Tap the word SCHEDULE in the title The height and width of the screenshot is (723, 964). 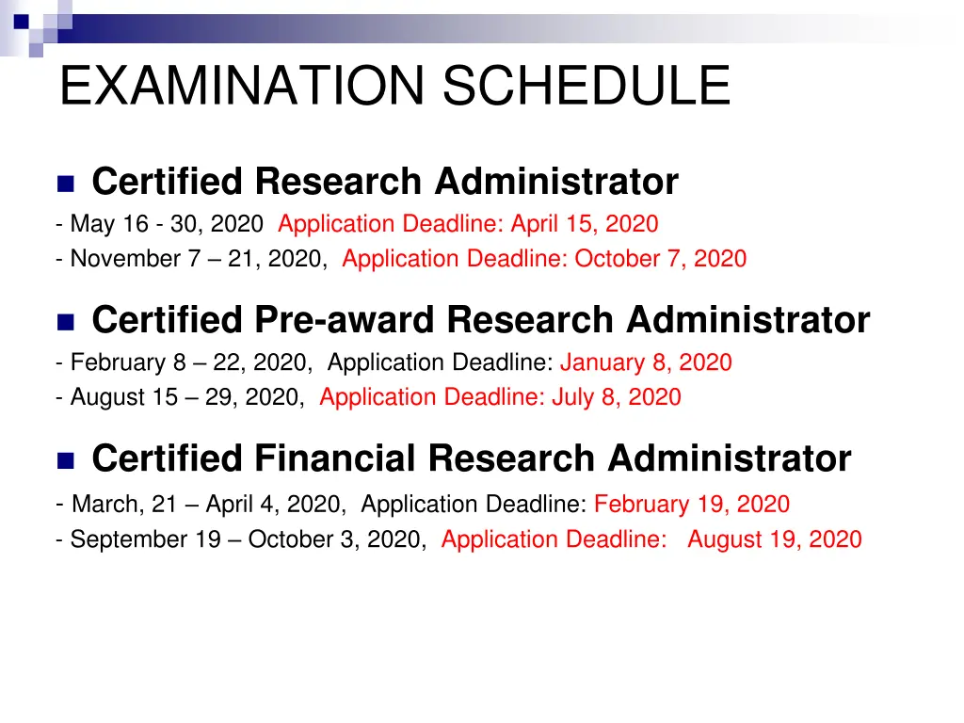click(586, 86)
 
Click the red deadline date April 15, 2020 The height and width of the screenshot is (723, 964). click(585, 224)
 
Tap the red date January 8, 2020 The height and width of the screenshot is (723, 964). click(646, 362)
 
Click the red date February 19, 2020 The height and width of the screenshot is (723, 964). click(692, 505)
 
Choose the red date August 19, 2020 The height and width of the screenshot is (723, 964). click(774, 539)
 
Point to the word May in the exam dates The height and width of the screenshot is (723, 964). click(92, 224)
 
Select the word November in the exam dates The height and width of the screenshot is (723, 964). click(123, 259)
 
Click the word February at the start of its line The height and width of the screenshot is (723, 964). click(114, 362)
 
